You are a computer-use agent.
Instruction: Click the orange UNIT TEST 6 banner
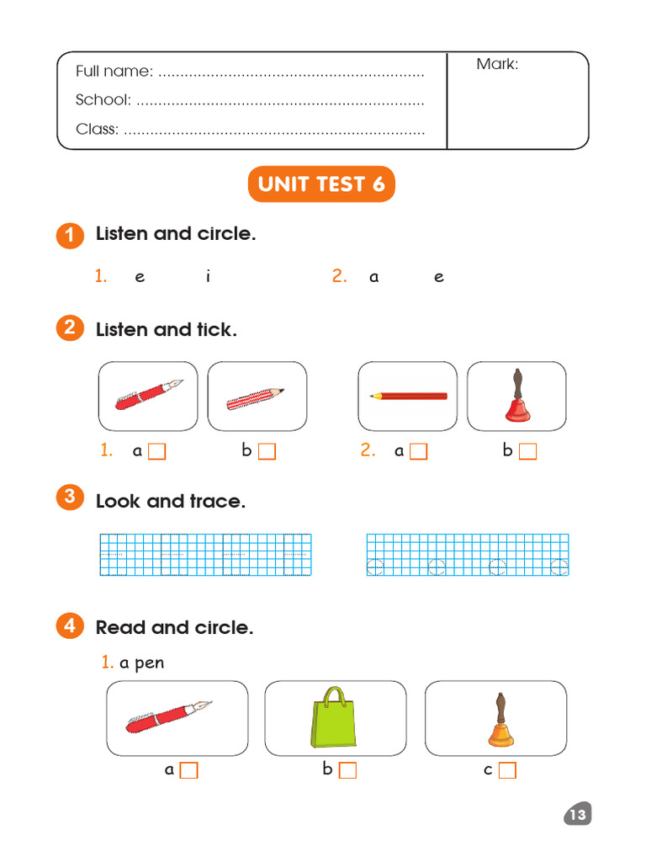point(321,184)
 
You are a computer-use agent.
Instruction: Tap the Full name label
point(114,72)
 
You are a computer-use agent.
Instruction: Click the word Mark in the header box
point(497,64)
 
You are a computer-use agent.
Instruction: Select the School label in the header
point(103,100)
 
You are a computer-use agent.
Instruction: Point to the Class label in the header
point(97,130)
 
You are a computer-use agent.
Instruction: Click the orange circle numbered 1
point(70,236)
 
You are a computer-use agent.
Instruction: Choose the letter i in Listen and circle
point(208,277)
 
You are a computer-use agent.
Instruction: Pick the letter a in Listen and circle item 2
point(373,277)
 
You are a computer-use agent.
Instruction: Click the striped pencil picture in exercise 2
point(256,396)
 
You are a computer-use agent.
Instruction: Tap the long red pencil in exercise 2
point(408,396)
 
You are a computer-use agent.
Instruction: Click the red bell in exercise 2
point(516,396)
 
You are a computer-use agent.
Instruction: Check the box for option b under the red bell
point(527,452)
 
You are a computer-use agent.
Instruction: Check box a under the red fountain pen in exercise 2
point(157,452)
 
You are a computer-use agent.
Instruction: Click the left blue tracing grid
point(205,555)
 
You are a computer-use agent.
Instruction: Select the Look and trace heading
point(171,502)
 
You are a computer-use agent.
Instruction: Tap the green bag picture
point(334,718)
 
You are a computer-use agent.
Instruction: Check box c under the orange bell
point(507,770)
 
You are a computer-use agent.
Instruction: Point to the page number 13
point(577,815)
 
